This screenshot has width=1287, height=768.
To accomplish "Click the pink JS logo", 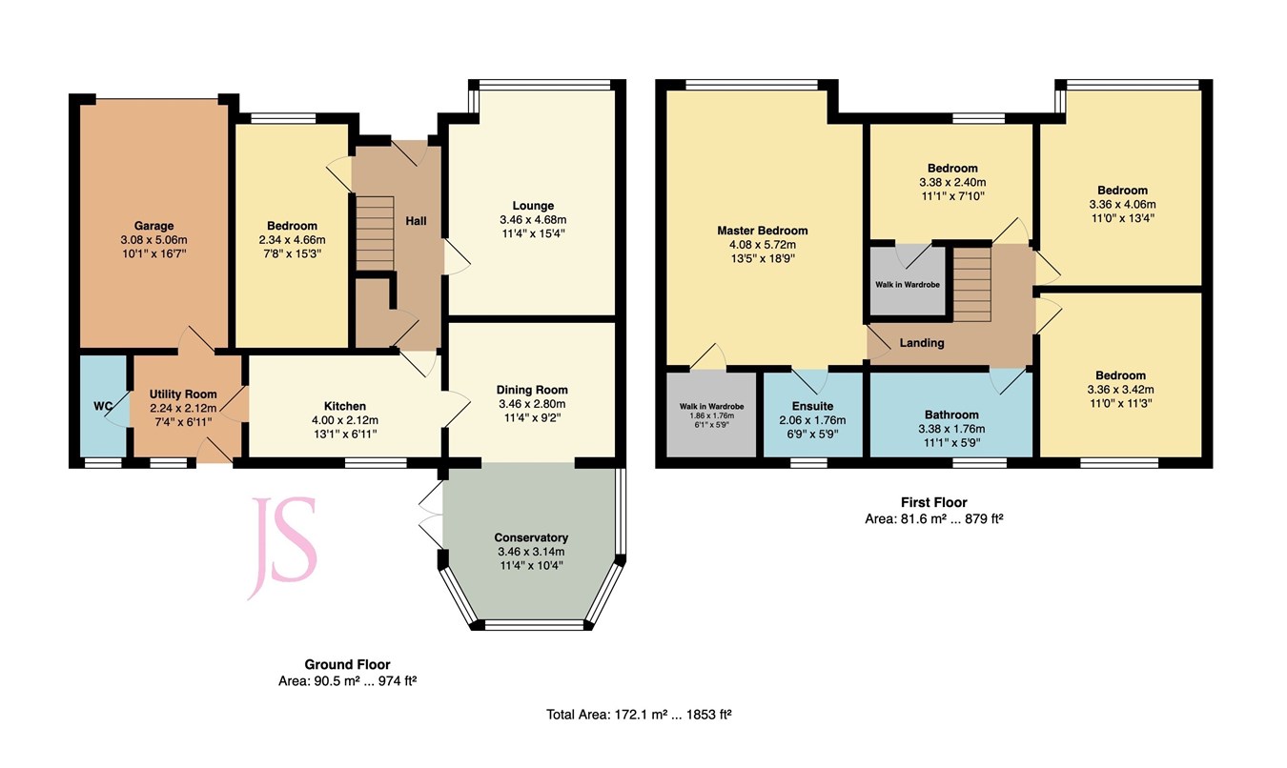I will point(282,548).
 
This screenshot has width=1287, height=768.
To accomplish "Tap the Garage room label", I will point(153,226).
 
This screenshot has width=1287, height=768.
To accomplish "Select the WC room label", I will point(103,407).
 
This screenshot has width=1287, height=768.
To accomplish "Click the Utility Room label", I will point(183,394).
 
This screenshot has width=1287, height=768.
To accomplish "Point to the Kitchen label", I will point(344,406).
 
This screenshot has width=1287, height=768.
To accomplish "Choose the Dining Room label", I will point(531,389).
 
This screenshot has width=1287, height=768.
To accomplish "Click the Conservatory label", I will point(531,537).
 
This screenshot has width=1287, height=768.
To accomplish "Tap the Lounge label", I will point(532,206).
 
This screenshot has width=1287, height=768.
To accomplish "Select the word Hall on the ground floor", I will point(417,221).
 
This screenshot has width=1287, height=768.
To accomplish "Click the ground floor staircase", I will point(375,233).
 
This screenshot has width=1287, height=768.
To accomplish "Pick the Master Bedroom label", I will point(762,231).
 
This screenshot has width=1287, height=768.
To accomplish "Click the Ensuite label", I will point(812,406).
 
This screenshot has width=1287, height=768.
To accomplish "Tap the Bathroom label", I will point(951,414).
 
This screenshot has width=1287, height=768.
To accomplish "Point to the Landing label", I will point(922,343).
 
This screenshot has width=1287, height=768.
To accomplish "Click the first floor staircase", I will point(972,284).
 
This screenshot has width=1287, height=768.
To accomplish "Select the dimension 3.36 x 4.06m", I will point(1121,204).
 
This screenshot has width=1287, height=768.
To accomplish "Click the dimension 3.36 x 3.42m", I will point(1121,389).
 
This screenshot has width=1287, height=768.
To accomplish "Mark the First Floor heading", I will point(933,502).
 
